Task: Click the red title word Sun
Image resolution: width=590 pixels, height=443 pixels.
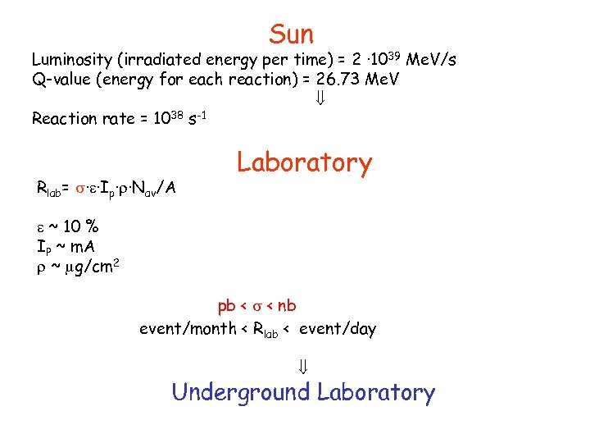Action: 291,34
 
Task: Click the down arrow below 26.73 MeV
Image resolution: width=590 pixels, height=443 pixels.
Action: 320,99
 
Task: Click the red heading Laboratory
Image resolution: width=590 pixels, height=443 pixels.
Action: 304,162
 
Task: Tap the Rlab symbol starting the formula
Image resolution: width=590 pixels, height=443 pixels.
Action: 48,189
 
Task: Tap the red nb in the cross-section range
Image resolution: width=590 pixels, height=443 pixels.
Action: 287,307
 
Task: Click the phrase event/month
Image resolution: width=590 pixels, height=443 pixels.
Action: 187,330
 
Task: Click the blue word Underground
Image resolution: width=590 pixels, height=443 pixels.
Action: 241,392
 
